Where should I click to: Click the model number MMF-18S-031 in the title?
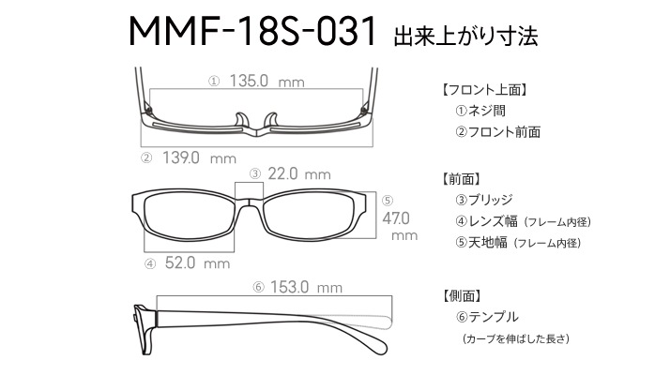pos(252,31)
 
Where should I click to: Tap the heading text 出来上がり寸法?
pos(465,36)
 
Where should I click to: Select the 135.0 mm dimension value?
pos(267,81)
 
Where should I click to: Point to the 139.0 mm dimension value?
pos(199,158)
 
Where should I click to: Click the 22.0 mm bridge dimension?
pos(299,173)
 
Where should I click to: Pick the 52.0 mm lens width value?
pos(197,262)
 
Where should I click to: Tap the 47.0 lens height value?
pos(396,218)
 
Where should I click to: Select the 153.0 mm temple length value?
pos(306,287)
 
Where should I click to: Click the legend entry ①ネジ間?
pos(480,111)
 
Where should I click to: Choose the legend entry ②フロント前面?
pos(497,132)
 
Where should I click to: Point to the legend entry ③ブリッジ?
pos(483,200)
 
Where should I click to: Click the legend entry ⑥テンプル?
pos(487,317)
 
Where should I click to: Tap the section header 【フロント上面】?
pos(484,90)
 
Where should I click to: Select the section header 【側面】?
pos(463,296)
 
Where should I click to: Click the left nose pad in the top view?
pos(241,120)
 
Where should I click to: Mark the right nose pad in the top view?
pos(272,120)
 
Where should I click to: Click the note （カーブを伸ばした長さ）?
pos(516,338)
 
